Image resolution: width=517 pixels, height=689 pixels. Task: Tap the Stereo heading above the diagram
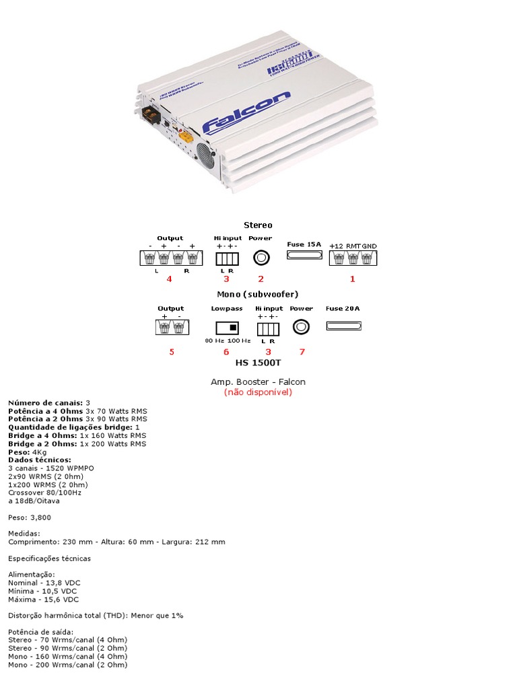pos(258,225)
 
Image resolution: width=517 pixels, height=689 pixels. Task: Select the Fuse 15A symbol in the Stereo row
pos(304,256)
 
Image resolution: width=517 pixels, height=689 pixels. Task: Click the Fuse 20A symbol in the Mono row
pos(343,326)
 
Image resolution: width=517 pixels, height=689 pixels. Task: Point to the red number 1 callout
pos(352,278)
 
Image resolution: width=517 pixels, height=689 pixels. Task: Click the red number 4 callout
pos(169,278)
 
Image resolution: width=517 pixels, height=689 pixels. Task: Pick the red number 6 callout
pos(226,351)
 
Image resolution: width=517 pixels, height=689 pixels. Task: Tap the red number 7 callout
pos(302,351)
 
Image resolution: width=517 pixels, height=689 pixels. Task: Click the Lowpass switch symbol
pos(227,328)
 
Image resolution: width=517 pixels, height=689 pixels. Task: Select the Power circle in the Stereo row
pos(261,257)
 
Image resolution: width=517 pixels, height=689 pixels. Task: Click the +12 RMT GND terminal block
pos(353,258)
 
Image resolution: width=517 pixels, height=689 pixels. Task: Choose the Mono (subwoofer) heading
pos(258,294)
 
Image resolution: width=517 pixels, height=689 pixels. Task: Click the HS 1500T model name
pos(258,363)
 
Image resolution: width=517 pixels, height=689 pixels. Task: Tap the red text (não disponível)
pos(258,392)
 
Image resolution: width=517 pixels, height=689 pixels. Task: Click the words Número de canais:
pos(45,402)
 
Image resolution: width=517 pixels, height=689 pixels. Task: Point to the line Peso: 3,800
pos(30,517)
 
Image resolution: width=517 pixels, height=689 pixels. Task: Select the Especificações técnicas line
pos(49,558)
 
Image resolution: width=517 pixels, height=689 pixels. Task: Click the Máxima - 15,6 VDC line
pos(43,599)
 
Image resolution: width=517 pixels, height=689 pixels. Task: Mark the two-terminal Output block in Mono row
pos(171,327)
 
